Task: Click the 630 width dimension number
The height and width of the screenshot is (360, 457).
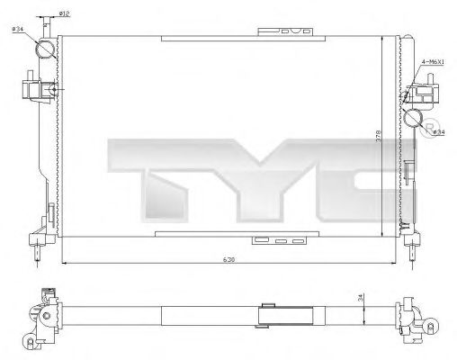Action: [x=230, y=260]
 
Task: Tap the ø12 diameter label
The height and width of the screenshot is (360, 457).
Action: [x=65, y=13]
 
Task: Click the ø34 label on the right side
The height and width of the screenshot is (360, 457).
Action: [x=439, y=131]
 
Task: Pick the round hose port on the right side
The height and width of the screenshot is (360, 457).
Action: [x=414, y=118]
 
